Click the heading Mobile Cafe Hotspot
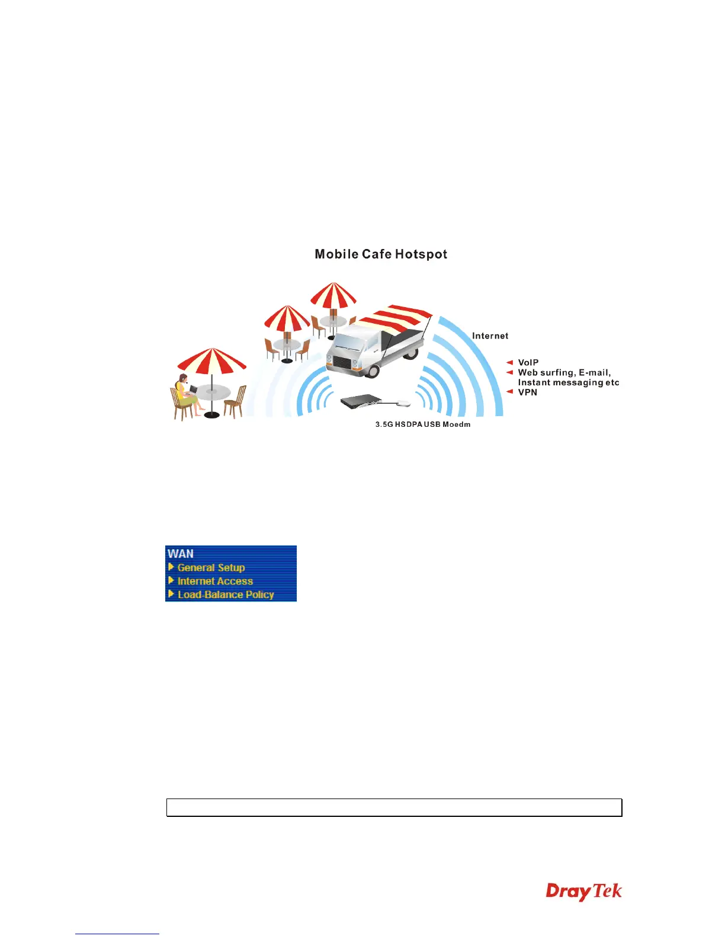point(381,254)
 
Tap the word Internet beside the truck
point(490,336)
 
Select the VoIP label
point(528,363)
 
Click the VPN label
point(527,392)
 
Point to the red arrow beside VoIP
point(509,363)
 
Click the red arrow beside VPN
point(509,392)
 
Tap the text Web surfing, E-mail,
point(564,373)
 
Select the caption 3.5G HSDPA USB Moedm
point(423,424)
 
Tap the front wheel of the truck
point(372,371)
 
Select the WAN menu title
point(181,554)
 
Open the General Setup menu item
point(211,568)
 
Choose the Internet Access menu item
point(215,582)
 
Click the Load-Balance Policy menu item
point(226,595)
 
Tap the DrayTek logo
point(583,892)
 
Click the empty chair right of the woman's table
point(236,401)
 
